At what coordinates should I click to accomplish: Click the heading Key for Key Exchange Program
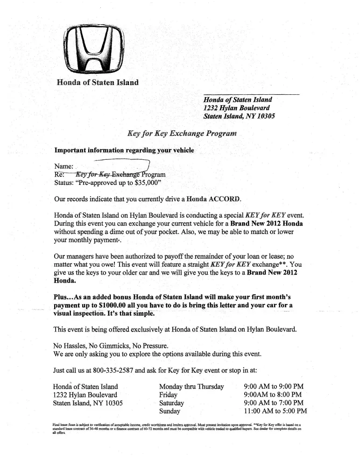182,133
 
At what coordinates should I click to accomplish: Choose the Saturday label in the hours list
171,403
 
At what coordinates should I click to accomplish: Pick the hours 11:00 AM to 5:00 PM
275,411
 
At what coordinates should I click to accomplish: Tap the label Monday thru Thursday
191,387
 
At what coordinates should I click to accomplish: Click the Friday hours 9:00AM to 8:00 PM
273,395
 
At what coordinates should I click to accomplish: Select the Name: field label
64,167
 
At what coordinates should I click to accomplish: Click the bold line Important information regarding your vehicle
124,150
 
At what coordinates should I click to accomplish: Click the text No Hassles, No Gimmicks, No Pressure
110,346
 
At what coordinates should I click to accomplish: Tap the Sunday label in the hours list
169,411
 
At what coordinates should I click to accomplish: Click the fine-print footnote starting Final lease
177,429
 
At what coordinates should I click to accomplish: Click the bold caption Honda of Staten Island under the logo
98,83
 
